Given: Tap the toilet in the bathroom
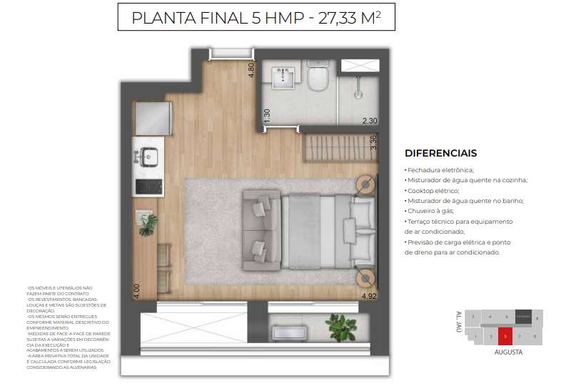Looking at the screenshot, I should point(318,76).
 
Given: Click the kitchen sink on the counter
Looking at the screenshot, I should point(148,154).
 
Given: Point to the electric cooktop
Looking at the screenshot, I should point(148,187).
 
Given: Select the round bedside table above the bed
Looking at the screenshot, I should point(365,184).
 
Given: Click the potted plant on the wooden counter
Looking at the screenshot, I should point(148,227).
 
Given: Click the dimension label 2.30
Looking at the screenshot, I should point(369,121).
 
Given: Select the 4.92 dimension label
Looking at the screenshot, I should point(368,295).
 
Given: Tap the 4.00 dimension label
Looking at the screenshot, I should point(135,290).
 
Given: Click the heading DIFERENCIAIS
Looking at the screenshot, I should point(440,153).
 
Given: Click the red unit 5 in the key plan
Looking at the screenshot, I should point(505,335).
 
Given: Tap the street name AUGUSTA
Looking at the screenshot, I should point(508,352).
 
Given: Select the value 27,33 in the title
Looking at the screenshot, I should point(335,19).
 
